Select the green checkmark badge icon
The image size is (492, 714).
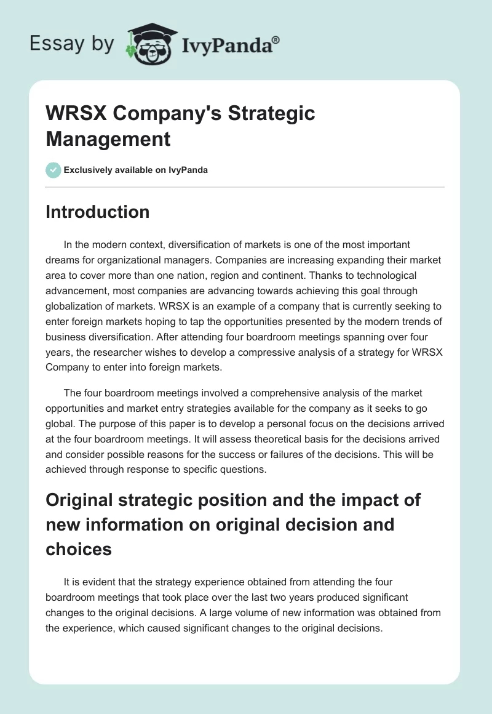point(54,170)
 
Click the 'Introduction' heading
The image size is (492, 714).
point(98,212)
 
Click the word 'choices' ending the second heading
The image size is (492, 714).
point(79,548)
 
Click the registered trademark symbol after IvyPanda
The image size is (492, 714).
point(276,39)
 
